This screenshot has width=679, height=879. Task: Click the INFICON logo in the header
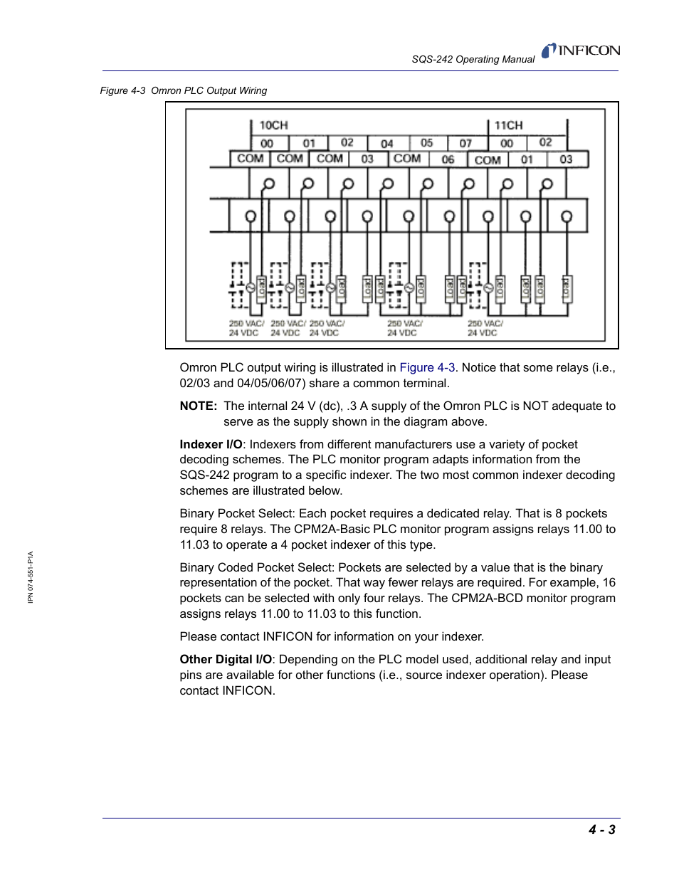pos(581,51)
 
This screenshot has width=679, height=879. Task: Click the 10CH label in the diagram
pos(273,125)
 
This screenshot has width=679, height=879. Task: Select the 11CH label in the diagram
pos(508,125)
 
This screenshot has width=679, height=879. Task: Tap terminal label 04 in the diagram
pos(386,143)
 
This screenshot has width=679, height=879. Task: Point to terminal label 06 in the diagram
pos(448,159)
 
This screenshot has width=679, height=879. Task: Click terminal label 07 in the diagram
pos(465,143)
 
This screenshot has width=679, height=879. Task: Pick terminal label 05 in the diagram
pos(426,142)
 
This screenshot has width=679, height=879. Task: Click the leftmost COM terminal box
pos(250,159)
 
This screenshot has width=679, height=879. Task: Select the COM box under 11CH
pos(488,159)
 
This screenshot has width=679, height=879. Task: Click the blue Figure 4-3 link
pos(427,368)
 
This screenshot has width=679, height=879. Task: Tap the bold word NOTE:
pos(198,406)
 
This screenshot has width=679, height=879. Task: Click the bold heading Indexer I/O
pos(211,445)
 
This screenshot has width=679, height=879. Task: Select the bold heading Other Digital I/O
pos(226,660)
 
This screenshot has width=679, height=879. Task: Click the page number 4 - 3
pos(601,829)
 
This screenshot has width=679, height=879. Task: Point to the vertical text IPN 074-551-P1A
pos(31,577)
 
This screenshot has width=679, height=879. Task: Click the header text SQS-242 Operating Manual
pos(473,60)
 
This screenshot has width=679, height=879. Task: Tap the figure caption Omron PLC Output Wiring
pos(209,91)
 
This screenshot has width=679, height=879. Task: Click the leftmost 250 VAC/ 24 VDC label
pos(246,328)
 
